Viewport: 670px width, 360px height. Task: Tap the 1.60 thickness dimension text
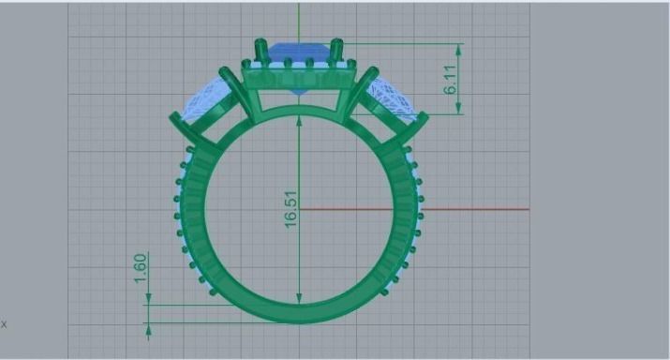[x=140, y=267]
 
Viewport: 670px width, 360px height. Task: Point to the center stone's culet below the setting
[x=298, y=93]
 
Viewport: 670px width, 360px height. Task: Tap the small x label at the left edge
[x=4, y=324]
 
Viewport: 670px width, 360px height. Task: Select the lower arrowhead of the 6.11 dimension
[x=459, y=109]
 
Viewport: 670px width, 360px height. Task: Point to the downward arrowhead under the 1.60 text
[x=147, y=299]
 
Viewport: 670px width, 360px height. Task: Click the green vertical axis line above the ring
[x=299, y=19]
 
